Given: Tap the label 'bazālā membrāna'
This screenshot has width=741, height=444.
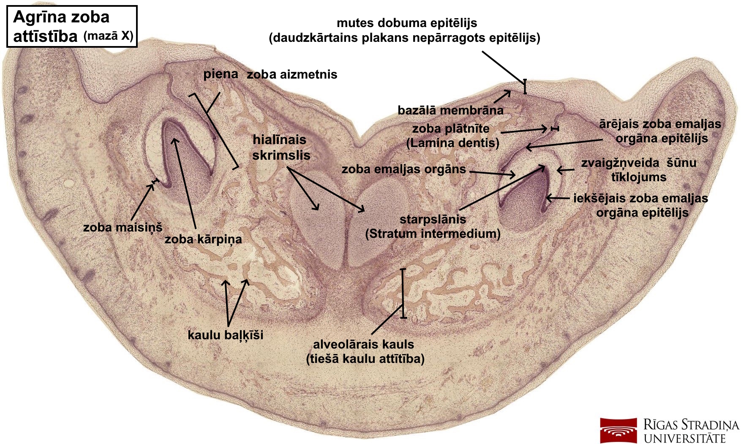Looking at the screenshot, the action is point(450,111).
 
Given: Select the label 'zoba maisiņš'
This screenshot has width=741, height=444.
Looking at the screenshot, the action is point(123,227).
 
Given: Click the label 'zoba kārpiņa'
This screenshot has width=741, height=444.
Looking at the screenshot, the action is point(203,239).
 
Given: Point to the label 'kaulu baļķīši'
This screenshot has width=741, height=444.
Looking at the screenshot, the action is point(225,335).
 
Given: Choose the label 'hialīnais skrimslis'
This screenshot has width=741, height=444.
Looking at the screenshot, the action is point(281,147).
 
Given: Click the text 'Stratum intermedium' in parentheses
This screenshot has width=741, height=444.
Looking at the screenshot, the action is point(433,234).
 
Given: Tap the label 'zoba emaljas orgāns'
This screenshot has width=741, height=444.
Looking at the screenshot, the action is point(403,169).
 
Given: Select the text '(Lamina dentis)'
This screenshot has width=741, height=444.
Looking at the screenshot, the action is point(452,143).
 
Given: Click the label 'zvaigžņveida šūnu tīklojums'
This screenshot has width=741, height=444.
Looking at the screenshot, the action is point(638,170).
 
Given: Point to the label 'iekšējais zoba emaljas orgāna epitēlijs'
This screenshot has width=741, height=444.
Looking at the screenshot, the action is point(641,205).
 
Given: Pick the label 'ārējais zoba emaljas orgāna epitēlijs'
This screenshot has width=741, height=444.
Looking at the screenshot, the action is point(660,131).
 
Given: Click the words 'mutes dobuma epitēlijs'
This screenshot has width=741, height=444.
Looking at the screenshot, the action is point(407,23).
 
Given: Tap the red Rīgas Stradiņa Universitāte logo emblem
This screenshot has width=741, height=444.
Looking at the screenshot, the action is point(618,430).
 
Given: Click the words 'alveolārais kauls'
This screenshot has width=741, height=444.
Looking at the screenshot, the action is point(363,344).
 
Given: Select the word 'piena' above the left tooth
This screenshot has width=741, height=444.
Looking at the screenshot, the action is point(221,74).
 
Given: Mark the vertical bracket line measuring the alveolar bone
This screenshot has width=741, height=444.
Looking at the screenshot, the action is point(403,293).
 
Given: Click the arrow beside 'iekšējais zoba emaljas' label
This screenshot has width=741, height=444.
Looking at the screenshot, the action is point(558,198).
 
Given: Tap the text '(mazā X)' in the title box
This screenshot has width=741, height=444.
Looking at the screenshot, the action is point(108,36).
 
